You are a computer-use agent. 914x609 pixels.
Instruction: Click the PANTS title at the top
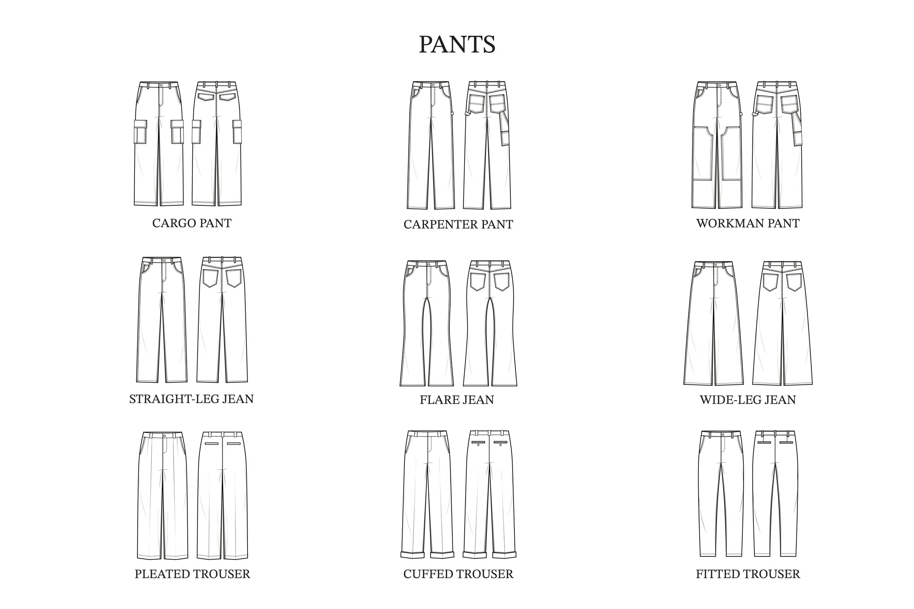pos(457,45)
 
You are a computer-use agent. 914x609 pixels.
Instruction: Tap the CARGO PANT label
pos(192,223)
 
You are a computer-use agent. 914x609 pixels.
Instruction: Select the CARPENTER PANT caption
pos(458,224)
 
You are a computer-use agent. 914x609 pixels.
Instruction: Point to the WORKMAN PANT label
pos(748,223)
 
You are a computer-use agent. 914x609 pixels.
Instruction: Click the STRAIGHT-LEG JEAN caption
pos(191,399)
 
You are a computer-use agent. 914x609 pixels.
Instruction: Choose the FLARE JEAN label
pos(457,400)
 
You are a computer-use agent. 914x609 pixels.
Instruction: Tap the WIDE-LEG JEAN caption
pos(748,400)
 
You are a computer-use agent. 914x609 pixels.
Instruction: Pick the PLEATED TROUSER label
pos(192,574)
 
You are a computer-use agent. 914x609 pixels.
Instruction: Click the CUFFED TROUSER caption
pos(458,574)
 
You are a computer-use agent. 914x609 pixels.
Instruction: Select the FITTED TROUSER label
pos(748,574)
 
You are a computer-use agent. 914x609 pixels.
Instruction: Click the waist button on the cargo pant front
pos(161,85)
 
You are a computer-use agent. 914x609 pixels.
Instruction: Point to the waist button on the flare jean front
pos(428,264)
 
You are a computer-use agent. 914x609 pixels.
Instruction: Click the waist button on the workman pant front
pos(719,85)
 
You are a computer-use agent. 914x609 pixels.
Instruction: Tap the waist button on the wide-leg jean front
pos(716,265)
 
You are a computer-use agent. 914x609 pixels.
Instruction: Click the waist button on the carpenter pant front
pos(434,85)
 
